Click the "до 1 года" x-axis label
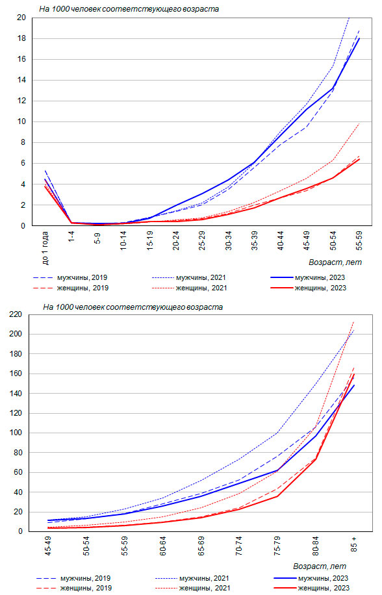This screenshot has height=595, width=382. (x=45, y=247)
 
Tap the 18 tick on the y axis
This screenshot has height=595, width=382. (x=21, y=38)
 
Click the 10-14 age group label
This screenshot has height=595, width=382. (x=123, y=240)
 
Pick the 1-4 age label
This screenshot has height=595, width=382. (x=71, y=236)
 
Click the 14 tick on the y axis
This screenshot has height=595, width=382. (x=21, y=80)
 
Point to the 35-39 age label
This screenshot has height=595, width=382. (x=254, y=240)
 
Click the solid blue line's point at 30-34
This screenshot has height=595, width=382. (x=228, y=180)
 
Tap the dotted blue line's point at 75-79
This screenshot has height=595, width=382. (x=277, y=433)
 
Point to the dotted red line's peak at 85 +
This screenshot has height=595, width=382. (x=353, y=322)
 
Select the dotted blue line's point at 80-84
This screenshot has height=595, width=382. (x=315, y=384)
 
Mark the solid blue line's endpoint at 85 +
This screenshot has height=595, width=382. (x=353, y=385)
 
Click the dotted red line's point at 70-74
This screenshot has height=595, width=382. (x=238, y=493)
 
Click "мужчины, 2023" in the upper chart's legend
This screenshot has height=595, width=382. (x=320, y=278)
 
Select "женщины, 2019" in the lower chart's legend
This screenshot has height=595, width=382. (x=86, y=588)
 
